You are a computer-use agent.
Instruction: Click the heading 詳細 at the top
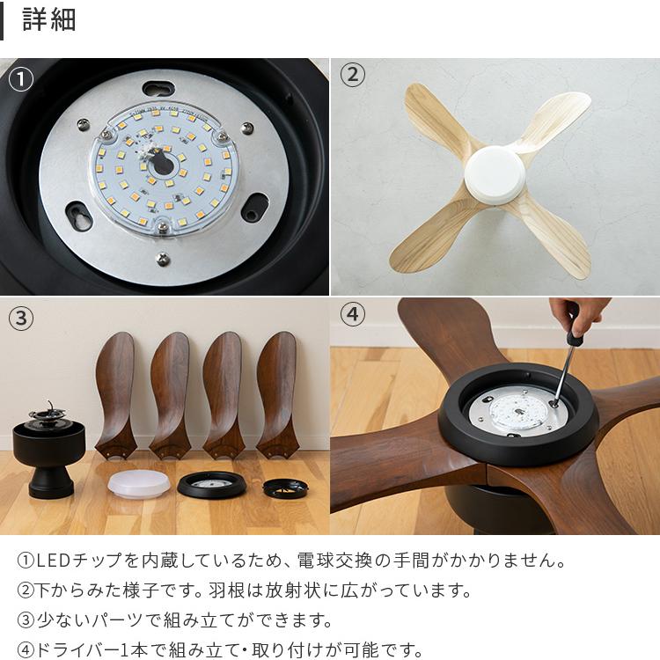[x=49, y=19]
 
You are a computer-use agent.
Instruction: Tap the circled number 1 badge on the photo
[x=20, y=80]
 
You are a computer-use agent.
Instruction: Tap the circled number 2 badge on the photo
[x=352, y=76]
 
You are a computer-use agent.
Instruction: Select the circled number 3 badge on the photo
[x=20, y=318]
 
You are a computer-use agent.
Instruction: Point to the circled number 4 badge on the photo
[x=352, y=314]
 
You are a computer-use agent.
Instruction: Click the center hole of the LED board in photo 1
[x=161, y=164]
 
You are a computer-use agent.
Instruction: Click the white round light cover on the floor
[x=136, y=483]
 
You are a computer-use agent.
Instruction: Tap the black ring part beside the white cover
[x=210, y=484]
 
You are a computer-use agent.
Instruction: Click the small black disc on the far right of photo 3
[x=285, y=488]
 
